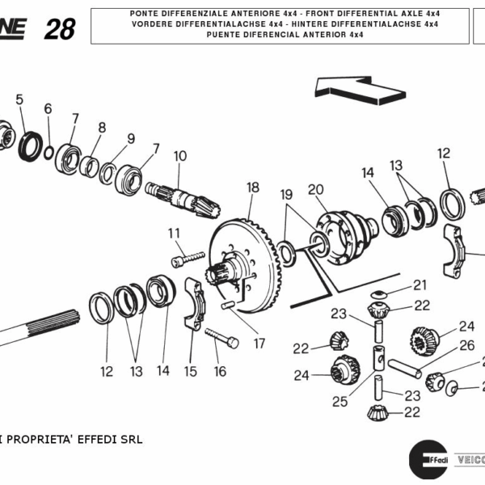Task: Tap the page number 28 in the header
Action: pos(60,30)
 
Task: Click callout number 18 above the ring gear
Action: pos(253,188)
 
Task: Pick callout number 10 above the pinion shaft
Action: pos(179,155)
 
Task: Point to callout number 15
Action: pos(190,371)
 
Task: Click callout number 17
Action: pos(259,343)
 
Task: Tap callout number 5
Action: pos(19,99)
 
